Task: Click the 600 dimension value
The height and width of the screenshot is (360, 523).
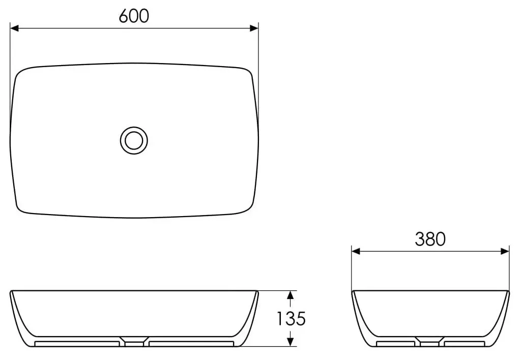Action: (134, 16)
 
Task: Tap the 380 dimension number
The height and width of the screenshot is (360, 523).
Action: (430, 238)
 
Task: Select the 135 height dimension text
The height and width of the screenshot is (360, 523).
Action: (290, 319)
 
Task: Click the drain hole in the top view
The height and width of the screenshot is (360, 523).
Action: (134, 139)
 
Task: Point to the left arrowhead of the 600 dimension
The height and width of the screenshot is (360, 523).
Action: (15, 28)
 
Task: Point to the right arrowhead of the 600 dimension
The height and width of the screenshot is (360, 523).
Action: (254, 28)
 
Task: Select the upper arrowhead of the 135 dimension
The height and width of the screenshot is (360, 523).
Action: (290, 295)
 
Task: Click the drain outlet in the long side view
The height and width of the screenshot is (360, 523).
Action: (134, 342)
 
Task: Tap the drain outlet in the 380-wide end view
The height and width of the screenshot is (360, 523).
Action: (430, 342)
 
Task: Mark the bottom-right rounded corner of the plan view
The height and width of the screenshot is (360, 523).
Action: (248, 207)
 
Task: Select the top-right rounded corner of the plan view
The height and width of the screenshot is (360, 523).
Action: (248, 73)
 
